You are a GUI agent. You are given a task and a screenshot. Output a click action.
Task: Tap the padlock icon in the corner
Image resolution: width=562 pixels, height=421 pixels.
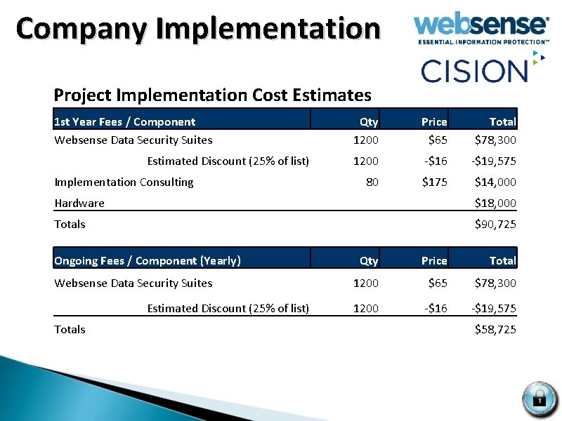coord(539,398)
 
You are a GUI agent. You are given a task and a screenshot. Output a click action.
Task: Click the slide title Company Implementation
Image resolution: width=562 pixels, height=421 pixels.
coord(198,29)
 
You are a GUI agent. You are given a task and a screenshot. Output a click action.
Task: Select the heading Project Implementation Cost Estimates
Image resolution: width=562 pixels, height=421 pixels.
coord(212,94)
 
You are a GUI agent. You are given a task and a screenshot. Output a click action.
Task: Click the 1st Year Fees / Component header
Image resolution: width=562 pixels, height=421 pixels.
coord(125,121)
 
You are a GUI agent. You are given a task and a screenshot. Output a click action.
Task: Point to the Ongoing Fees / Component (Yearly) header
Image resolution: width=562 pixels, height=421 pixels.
coord(148,260)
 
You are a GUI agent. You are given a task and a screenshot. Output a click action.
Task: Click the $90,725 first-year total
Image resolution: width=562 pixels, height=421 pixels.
coord(495,224)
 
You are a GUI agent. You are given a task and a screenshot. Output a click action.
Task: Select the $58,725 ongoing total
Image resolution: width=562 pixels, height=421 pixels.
coord(495,329)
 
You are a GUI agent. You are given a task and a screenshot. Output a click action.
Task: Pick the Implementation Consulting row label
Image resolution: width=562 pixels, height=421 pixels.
coord(124,182)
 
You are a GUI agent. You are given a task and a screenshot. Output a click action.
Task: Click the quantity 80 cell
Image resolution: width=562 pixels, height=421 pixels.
coord(372,182)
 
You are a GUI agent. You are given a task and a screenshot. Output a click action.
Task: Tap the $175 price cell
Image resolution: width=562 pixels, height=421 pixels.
coord(434,182)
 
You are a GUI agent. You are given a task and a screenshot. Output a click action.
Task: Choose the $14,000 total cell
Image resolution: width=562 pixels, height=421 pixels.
coord(495,182)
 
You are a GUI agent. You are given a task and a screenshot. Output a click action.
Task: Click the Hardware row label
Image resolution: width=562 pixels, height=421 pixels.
coord(79,203)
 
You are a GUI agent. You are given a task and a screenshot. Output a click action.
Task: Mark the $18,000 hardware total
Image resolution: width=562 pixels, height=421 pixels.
coord(495,203)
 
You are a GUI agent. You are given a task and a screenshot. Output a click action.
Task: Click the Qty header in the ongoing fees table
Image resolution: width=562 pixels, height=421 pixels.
coord(369,260)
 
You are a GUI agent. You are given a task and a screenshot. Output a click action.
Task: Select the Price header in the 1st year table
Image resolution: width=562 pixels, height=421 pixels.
coord(434,121)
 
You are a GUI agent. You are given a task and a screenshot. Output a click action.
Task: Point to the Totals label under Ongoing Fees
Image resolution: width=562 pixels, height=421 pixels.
coord(70,329)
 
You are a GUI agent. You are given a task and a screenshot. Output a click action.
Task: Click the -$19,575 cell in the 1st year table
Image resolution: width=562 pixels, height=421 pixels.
coord(493,161)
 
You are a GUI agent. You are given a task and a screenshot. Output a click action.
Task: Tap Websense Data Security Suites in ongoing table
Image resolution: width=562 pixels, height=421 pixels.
coord(133,283)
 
